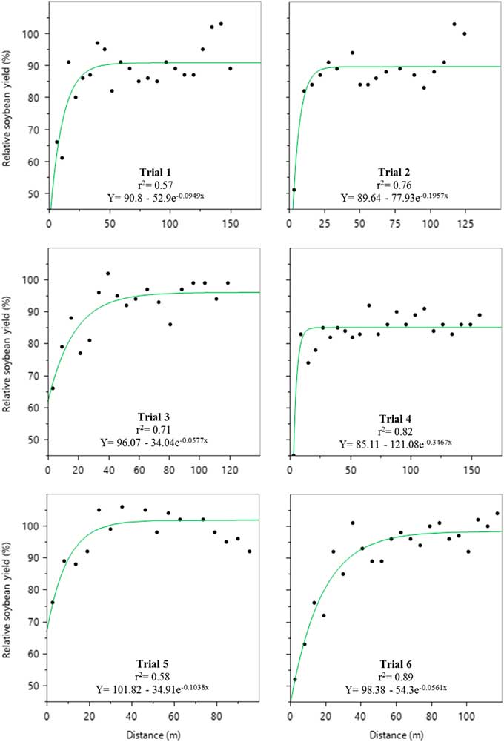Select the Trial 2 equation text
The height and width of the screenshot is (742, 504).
(x=395, y=197)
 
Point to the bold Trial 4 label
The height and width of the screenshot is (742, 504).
(x=395, y=417)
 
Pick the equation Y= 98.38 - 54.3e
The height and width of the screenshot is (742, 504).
(x=395, y=688)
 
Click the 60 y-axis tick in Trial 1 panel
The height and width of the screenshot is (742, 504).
(x=32, y=161)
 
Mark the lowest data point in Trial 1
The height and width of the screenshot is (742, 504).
(x=62, y=158)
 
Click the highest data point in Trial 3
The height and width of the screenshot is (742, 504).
(x=107, y=274)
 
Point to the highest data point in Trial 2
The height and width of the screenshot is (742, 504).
(x=454, y=24)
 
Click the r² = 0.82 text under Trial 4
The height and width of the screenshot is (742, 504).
(x=395, y=430)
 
